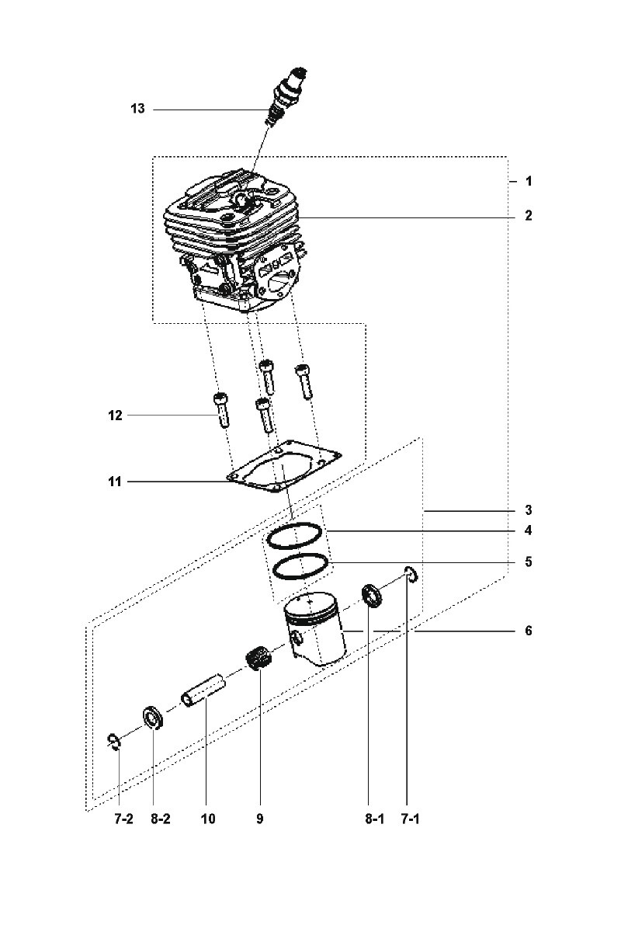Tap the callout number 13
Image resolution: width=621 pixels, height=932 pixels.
point(137,109)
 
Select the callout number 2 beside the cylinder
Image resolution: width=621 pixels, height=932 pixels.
point(529,216)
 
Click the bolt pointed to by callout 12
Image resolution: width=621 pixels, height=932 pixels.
point(221,410)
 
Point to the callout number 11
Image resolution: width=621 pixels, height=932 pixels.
point(115,482)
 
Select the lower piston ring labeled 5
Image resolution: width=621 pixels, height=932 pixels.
point(300,566)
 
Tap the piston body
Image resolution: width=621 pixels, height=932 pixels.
point(315,628)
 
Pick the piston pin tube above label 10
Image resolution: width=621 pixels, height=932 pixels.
point(203,690)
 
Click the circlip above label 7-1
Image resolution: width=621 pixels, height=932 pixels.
point(411,575)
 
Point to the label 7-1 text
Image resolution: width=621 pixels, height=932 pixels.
point(410,819)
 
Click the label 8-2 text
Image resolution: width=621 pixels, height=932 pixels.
point(161,819)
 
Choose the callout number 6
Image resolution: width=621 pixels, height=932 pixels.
point(529,631)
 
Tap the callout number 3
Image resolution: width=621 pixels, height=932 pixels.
point(529,509)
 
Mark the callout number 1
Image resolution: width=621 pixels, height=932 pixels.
point(529,182)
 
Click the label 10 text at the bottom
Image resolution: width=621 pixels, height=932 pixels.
point(208,819)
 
